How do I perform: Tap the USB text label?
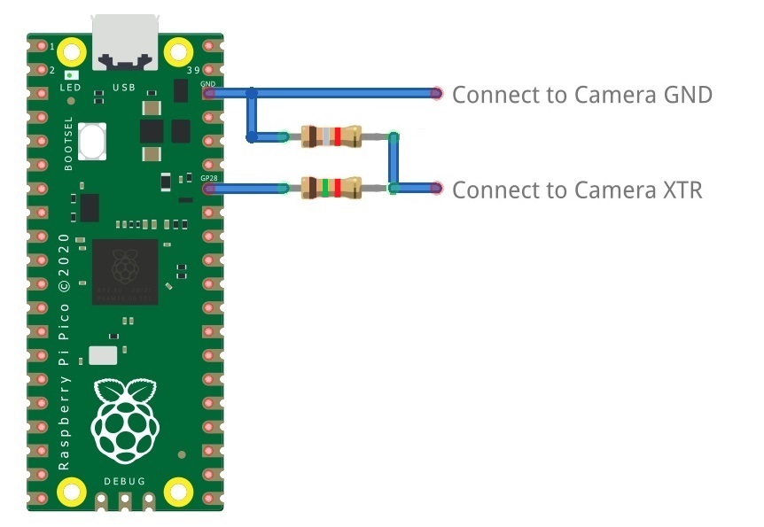(123, 88)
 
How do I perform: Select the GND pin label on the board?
(208, 83)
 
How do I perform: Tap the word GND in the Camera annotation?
(688, 95)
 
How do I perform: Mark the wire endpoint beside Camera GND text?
(436, 93)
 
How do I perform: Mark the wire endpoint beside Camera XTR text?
(436, 188)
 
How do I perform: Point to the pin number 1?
(52, 45)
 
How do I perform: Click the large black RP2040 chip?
(124, 272)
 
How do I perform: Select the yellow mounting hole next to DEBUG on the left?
(70, 490)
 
